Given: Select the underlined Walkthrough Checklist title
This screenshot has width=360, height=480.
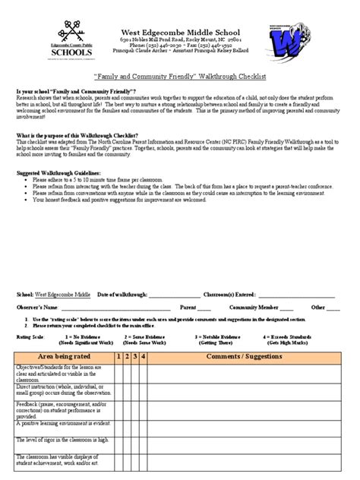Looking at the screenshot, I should (179, 77).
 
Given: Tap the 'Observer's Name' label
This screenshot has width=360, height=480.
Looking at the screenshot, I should (38, 308).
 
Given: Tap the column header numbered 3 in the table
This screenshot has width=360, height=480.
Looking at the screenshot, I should (134, 355).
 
